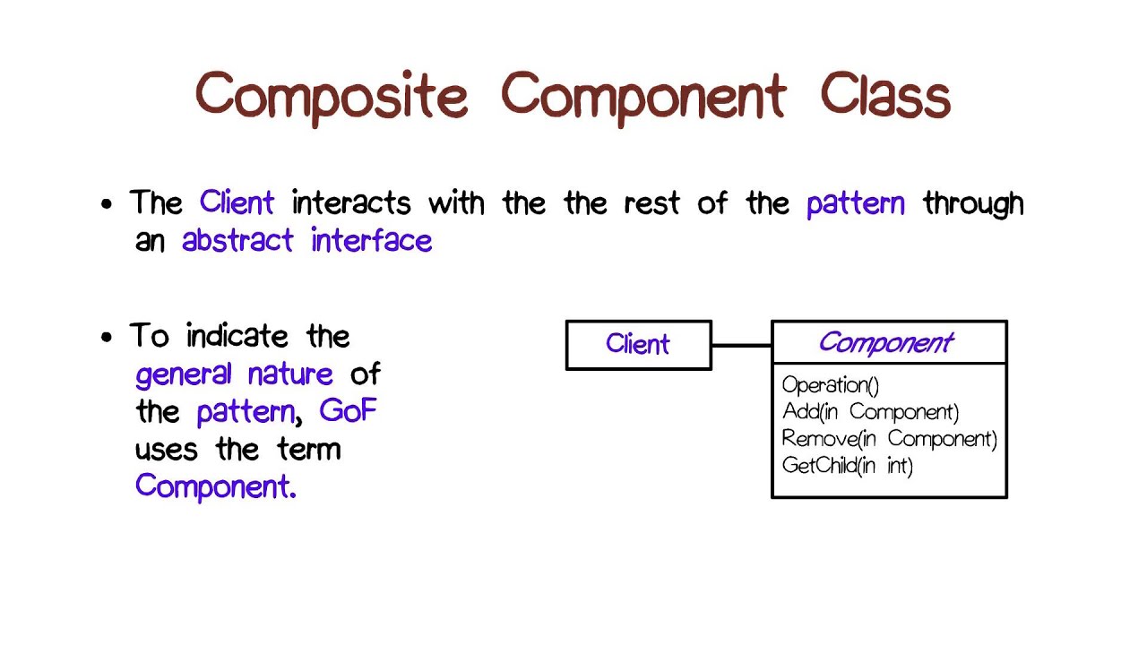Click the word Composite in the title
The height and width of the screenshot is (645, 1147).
click(x=332, y=96)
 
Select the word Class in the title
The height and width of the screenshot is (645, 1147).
click(x=884, y=95)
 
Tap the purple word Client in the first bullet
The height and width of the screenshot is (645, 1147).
click(x=237, y=202)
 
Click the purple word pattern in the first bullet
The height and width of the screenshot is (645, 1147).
click(x=856, y=204)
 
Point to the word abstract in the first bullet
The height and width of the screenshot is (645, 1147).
click(x=237, y=240)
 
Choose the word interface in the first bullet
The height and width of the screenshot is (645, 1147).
click(x=372, y=240)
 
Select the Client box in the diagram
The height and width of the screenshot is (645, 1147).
click(x=638, y=345)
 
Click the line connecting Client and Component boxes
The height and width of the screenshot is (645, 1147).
click(x=741, y=345)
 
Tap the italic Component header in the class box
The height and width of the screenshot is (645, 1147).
click(x=885, y=342)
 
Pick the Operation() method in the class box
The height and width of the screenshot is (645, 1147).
click(x=830, y=385)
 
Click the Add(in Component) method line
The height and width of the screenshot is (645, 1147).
click(x=870, y=412)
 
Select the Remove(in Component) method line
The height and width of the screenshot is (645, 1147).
click(x=889, y=439)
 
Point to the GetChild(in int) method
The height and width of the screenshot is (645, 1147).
click(x=847, y=466)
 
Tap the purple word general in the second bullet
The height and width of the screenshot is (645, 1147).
click(x=184, y=374)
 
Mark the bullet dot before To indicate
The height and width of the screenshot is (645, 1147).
click(x=108, y=338)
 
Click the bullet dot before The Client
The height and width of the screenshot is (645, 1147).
click(x=108, y=204)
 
